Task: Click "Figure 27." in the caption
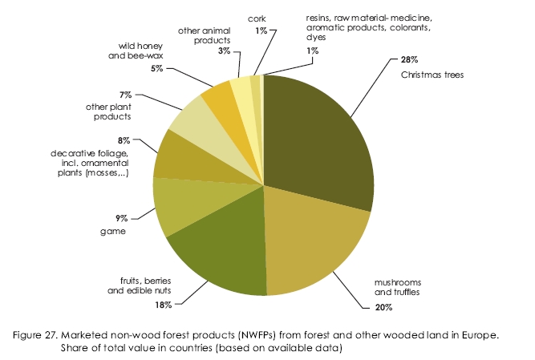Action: point(83,334)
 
